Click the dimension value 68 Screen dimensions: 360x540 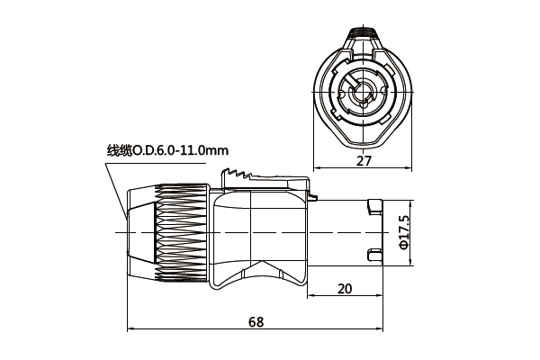coord(257,321)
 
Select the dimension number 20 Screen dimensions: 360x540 coord(345,288)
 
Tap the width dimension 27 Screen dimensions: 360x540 coord(364,161)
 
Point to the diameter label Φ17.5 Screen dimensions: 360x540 coord(404,232)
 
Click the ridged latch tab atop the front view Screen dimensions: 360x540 coord(364,39)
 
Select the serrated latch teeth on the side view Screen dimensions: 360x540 coord(243,175)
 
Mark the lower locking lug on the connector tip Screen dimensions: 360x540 coord(372,256)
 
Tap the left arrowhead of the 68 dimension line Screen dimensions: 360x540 coord(131,329)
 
